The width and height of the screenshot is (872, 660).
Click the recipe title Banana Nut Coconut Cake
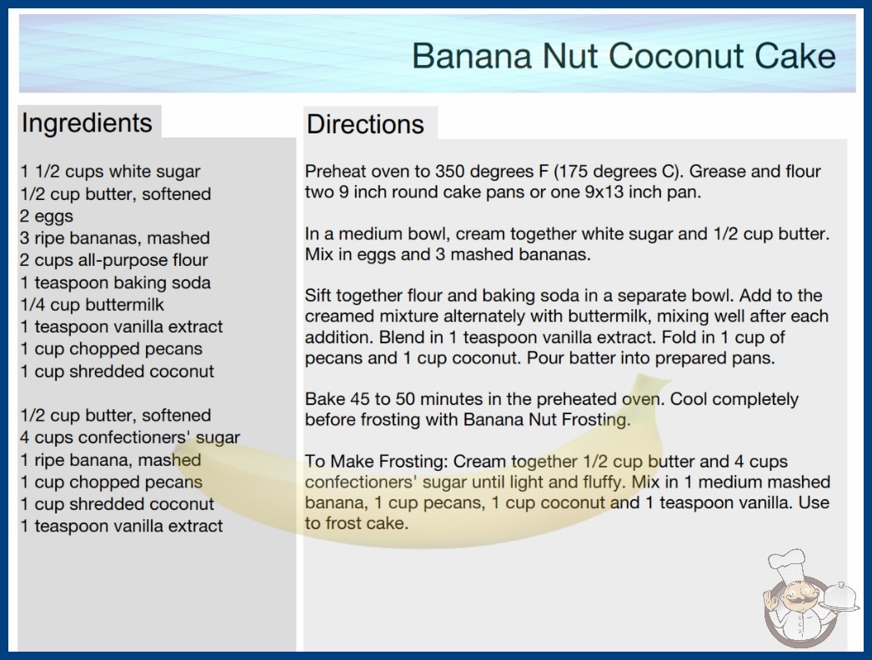click(624, 56)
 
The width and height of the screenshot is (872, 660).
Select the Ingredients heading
click(87, 122)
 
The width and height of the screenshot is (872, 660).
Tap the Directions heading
click(365, 124)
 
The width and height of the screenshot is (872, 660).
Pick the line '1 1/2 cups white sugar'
click(110, 172)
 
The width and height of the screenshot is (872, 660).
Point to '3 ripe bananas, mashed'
click(115, 238)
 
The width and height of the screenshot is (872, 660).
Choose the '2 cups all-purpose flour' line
click(114, 260)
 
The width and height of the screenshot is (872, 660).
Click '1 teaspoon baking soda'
click(116, 282)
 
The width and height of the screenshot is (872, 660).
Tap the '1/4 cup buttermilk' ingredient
click(93, 305)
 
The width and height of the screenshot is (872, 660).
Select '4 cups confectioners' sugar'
click(130, 437)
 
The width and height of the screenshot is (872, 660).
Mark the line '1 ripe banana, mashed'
click(111, 460)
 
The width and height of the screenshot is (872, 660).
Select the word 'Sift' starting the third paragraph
click(318, 295)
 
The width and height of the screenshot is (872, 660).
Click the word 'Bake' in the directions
click(325, 399)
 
